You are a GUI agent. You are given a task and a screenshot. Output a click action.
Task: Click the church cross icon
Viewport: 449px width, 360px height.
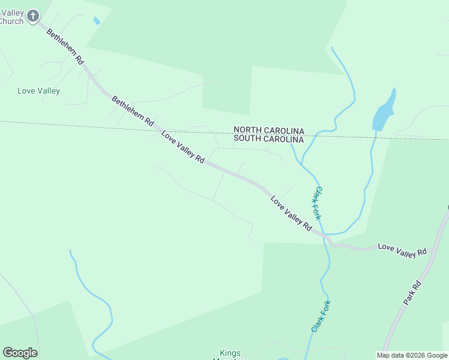point(33,16)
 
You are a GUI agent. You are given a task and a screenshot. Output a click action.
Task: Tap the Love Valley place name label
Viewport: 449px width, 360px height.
point(38,91)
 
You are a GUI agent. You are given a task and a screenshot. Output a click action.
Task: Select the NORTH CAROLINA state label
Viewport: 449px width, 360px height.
point(268,130)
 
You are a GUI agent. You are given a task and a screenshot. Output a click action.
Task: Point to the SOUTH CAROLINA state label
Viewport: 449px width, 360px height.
point(268,139)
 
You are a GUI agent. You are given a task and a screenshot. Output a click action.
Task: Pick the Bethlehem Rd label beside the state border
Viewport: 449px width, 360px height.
point(133,112)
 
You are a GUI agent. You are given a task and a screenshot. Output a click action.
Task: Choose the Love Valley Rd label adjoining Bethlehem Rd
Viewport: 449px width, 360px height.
point(183,147)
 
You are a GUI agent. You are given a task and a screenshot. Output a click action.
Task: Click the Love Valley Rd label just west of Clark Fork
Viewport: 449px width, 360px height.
point(291,214)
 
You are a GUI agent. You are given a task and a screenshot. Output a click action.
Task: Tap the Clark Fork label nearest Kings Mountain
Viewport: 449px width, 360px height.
point(321,316)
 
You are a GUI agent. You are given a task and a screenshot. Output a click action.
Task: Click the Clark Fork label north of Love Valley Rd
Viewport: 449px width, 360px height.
point(319,203)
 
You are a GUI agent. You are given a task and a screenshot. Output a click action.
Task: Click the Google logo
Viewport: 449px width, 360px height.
point(20,353)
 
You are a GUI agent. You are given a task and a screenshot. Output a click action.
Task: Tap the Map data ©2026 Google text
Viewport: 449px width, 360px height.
point(412,355)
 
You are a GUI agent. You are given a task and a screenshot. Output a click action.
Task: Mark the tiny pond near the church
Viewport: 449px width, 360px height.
point(96,21)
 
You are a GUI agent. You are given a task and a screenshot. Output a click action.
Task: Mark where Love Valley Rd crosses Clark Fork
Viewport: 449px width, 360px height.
point(325,236)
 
